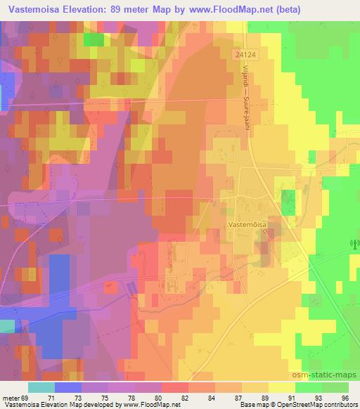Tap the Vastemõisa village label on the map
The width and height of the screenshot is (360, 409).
246,219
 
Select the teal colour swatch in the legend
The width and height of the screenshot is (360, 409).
41,387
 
